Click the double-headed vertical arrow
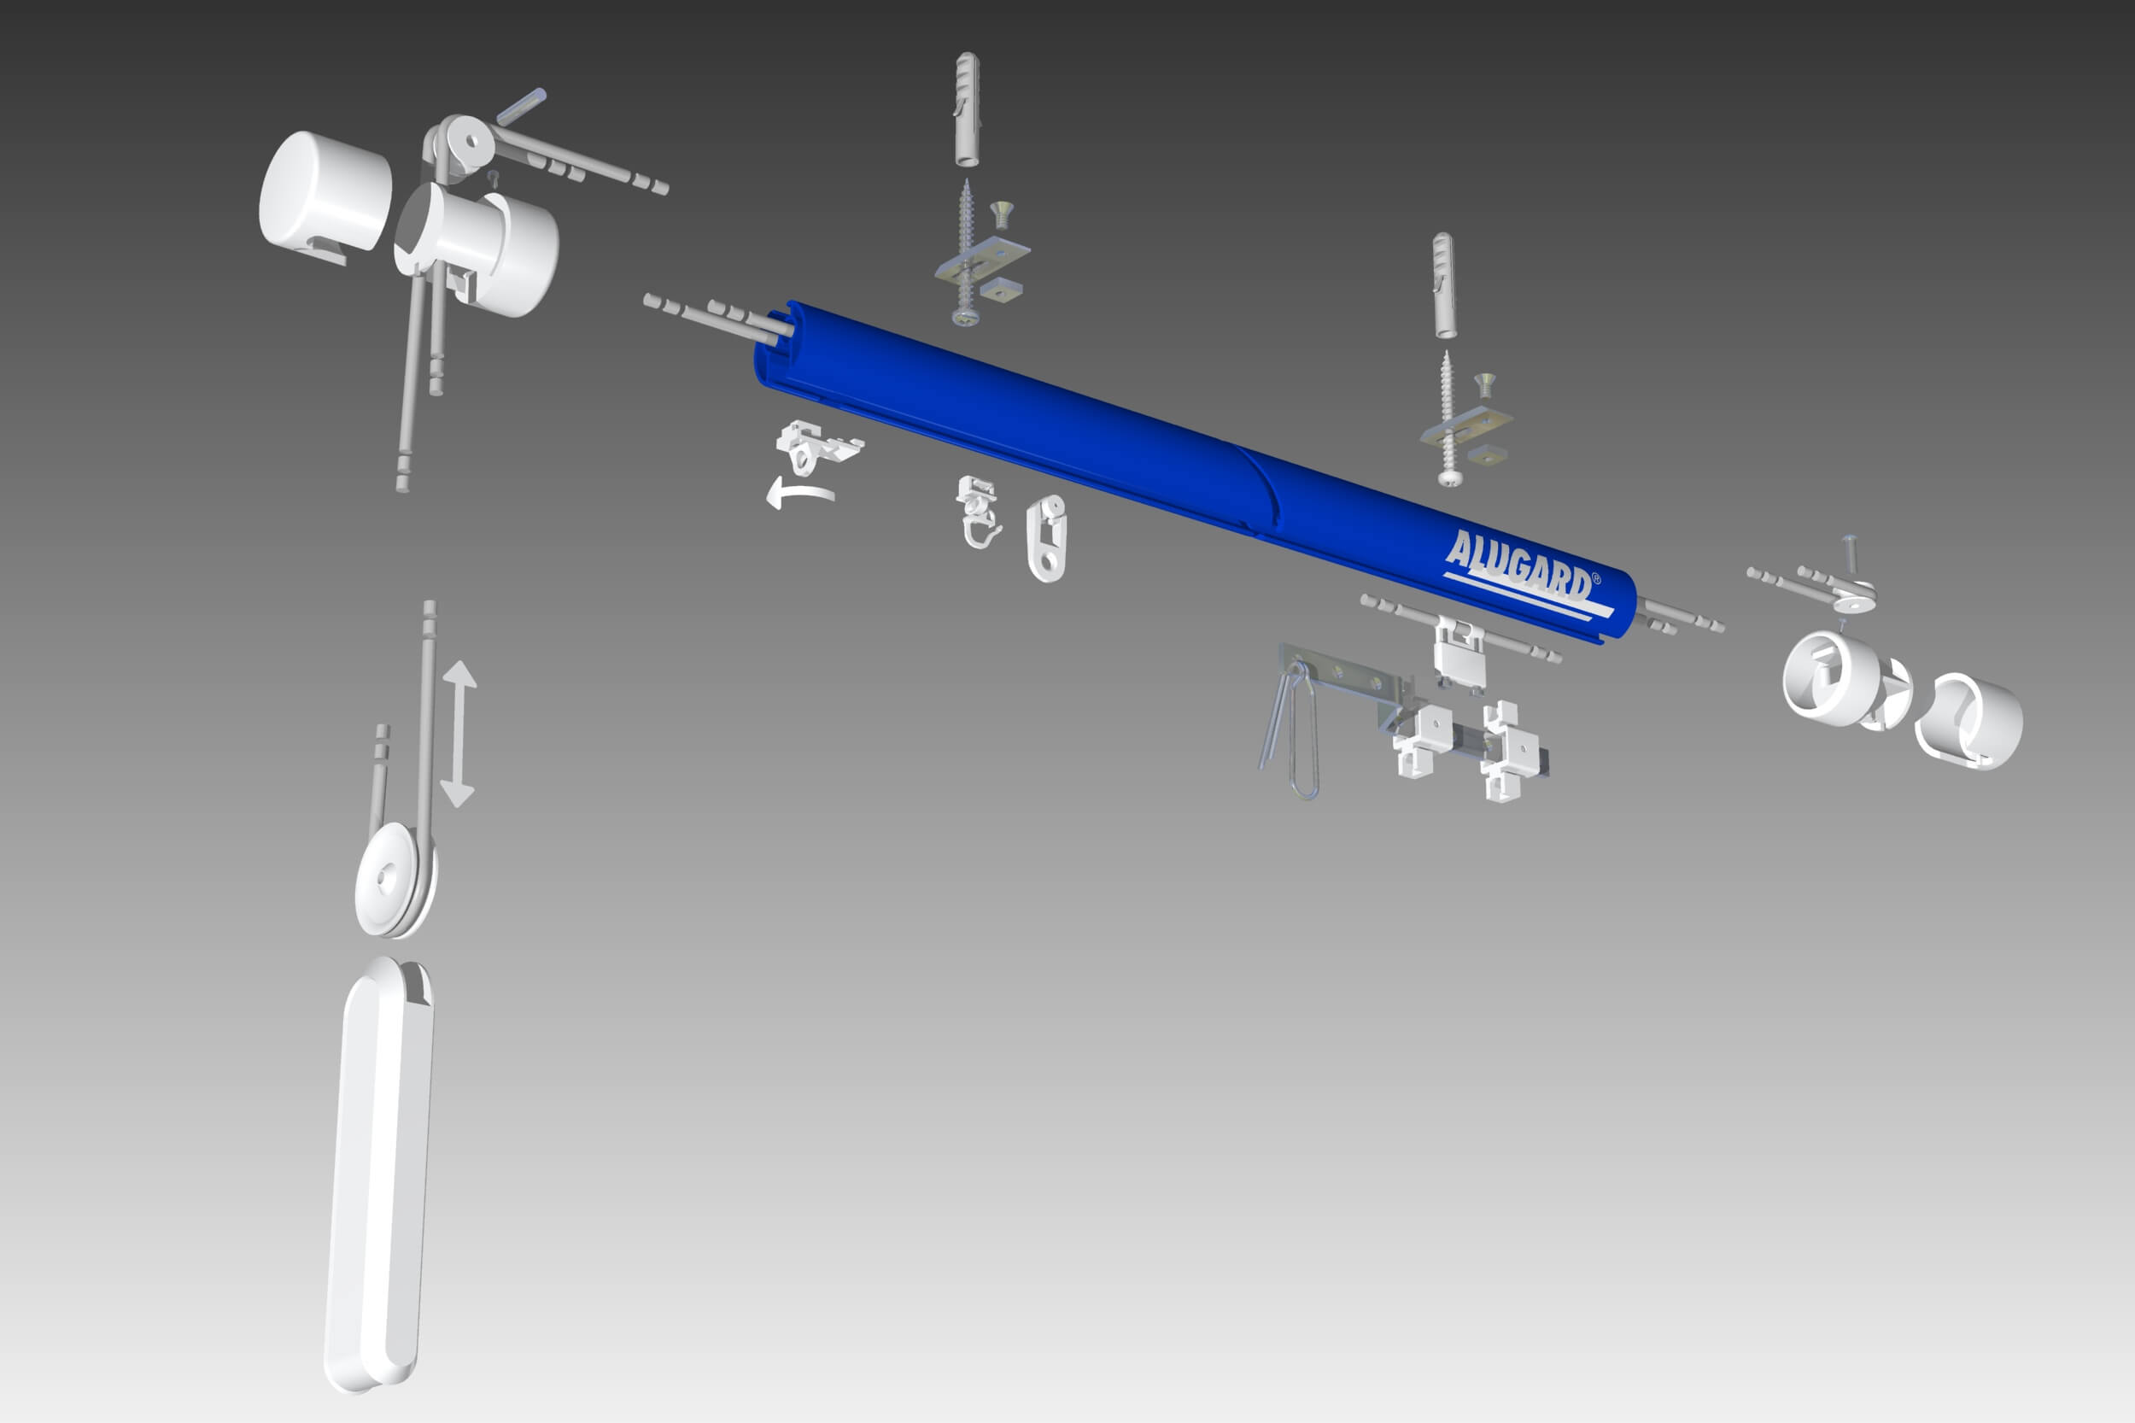(x=459, y=733)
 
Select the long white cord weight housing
(x=379, y=1175)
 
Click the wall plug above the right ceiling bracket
(x=1443, y=286)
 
